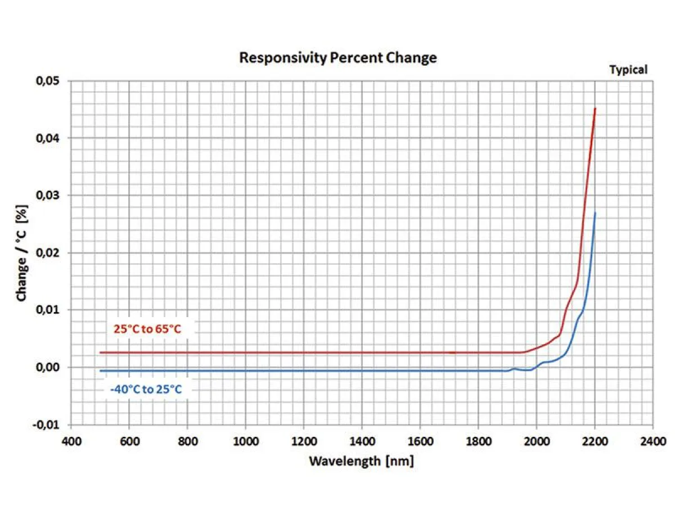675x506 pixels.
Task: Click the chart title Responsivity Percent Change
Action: (337, 57)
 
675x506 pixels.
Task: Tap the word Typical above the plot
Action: (628, 70)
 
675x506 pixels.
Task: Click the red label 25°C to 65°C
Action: (147, 329)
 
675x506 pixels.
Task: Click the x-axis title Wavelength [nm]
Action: (361, 462)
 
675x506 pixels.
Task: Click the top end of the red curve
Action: (595, 109)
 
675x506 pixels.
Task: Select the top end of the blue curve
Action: (595, 213)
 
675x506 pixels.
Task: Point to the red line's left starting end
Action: (100, 353)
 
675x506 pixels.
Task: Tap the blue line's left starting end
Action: (100, 371)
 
